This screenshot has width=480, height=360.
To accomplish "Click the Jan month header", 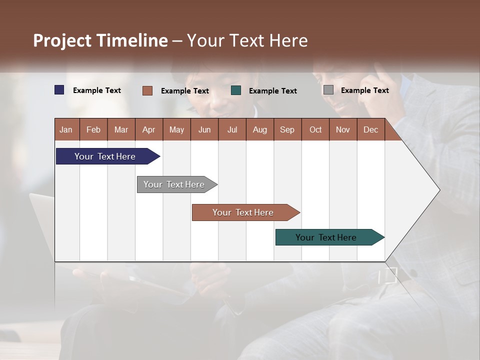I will [x=66, y=129].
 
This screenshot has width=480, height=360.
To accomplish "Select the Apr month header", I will [x=149, y=129].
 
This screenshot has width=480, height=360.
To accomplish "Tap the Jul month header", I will [x=232, y=129].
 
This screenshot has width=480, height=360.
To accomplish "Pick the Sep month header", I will [x=287, y=129].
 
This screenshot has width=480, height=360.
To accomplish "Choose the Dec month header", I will [x=370, y=129].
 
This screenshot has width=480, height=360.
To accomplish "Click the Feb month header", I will [x=93, y=129].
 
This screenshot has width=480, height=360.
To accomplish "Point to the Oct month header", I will [x=315, y=129].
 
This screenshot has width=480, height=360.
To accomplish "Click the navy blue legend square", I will [x=59, y=90].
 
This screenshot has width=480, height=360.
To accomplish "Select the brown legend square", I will [x=147, y=90].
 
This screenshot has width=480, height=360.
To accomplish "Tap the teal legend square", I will [x=236, y=90].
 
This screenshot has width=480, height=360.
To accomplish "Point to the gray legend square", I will [x=328, y=90].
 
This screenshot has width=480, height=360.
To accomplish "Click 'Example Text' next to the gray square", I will [x=364, y=90].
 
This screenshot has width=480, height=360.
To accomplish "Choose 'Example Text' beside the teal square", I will [x=272, y=91].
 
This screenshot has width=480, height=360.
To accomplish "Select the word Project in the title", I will [x=62, y=41].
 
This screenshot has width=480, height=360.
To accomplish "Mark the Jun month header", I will [x=204, y=129].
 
